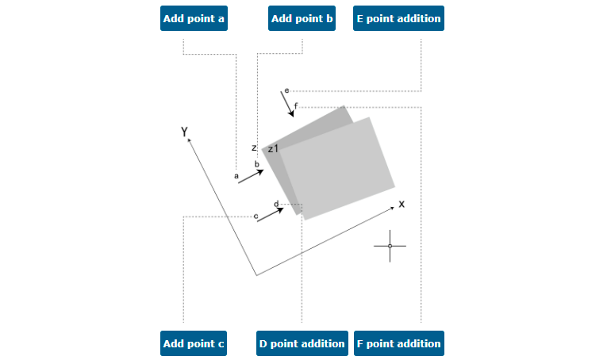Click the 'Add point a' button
coord(194,18)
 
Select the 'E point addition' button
coord(398,18)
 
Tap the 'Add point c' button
coord(194,343)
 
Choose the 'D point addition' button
coord(302,343)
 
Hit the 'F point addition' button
coord(399,343)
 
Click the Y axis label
coord(184,132)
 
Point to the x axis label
coord(402,204)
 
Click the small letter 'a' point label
coord(236,176)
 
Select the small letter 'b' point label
coord(257,164)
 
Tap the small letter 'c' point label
coord(256,216)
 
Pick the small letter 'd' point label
coord(276,205)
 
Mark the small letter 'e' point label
coord(286,90)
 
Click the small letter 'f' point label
coord(296,106)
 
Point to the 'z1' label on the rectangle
coord(273,148)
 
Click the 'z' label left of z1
coord(254,148)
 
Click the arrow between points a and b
coord(251,176)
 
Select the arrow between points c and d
coord(270,215)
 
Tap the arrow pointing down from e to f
coord(287,104)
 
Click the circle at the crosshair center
coord(390,246)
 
